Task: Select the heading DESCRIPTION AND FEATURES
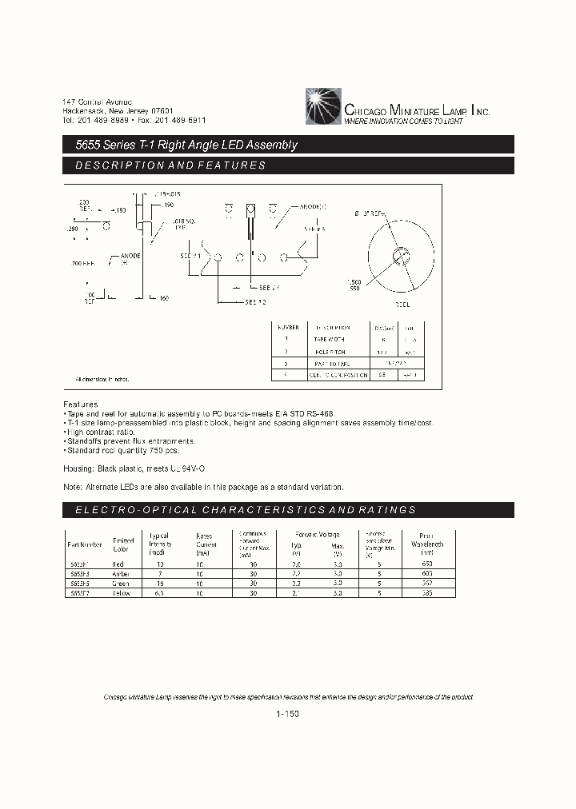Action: (x=170, y=165)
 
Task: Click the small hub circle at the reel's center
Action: (x=398, y=256)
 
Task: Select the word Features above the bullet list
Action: (x=80, y=404)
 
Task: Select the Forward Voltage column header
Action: (x=317, y=535)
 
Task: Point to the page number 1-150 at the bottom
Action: (x=286, y=714)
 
